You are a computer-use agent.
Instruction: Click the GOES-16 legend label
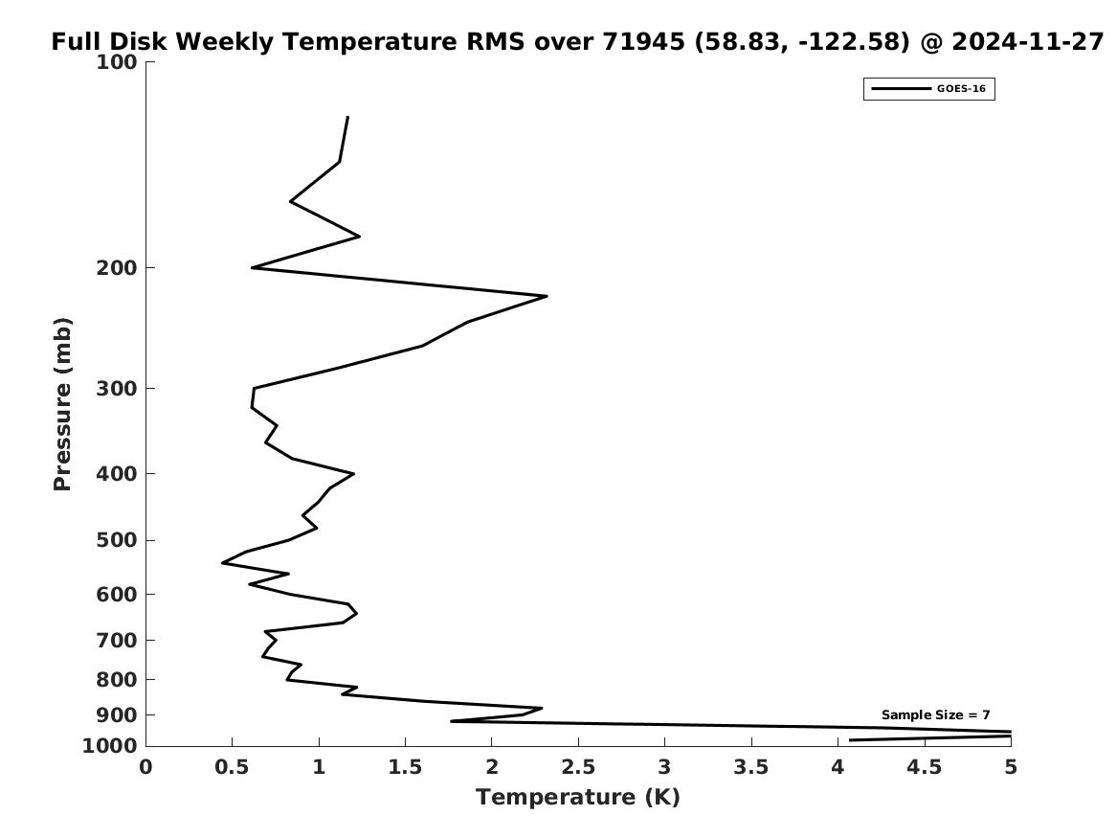pos(961,89)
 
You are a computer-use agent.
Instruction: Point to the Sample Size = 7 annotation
pos(935,714)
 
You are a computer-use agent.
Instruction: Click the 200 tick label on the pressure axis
pos(116,268)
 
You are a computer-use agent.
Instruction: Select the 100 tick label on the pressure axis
pos(116,62)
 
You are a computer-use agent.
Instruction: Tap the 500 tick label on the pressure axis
pos(116,540)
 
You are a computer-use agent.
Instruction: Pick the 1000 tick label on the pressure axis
pos(110,746)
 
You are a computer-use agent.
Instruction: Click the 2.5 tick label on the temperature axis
pos(578,767)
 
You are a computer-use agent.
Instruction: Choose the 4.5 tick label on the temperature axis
pos(924,767)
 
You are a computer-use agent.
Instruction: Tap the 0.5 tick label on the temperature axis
pos(233,767)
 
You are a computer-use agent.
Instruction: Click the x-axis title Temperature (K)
pos(578,797)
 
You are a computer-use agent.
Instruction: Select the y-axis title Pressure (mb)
pos(62,404)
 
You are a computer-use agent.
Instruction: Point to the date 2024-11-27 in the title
pos(1027,41)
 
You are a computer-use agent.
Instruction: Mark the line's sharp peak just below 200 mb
pos(547,296)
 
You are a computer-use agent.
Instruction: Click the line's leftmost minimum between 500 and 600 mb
pos(223,563)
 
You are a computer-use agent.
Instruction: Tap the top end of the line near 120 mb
pos(346,117)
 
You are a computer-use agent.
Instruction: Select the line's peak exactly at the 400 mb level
pos(353,473)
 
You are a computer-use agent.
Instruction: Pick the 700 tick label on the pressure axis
pos(116,641)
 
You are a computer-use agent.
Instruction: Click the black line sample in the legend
pos(901,89)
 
